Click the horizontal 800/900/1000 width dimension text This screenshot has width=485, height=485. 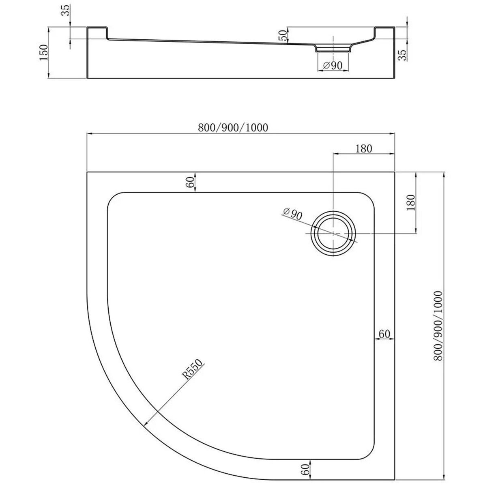click(x=233, y=127)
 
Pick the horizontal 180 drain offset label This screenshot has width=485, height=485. click(x=363, y=149)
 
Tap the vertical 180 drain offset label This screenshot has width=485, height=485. click(x=410, y=203)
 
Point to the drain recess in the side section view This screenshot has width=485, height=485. click(x=332, y=48)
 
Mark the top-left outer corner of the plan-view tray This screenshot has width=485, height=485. click(x=87, y=172)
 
